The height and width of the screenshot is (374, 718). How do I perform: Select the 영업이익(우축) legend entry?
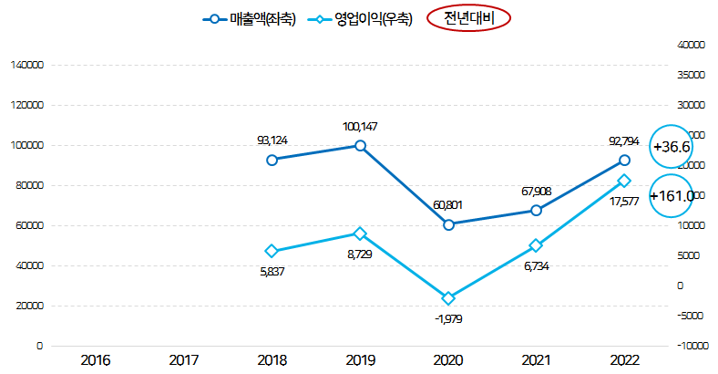tap(361, 18)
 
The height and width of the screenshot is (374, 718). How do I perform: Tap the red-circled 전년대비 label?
tap(468, 18)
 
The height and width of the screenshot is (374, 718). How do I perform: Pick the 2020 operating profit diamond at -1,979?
tap(448, 298)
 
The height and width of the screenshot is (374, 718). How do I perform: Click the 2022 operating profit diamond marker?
tap(624, 181)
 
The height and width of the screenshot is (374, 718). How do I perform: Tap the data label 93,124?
tap(272, 140)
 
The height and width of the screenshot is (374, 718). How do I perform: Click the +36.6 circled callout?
tap(672, 147)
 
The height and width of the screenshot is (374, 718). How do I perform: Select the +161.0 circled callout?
tap(673, 195)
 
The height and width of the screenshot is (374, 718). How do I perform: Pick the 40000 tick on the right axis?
tap(693, 45)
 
